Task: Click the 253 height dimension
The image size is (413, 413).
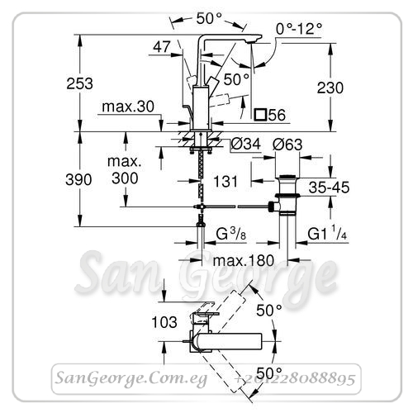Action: [79, 83]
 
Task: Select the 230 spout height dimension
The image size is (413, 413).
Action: [330, 88]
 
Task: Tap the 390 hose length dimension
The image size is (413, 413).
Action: [78, 180]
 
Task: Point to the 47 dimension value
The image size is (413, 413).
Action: [162, 47]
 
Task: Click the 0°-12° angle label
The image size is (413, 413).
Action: [299, 28]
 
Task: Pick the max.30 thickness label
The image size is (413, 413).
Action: [128, 107]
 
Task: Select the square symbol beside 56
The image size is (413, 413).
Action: [260, 115]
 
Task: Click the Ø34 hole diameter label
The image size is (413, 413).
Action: [245, 144]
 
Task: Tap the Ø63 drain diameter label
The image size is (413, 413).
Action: [287, 145]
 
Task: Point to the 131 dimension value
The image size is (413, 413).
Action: [225, 182]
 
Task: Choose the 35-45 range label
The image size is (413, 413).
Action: [329, 188]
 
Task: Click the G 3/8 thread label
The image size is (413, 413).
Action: [230, 234]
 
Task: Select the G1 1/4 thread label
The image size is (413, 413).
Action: [327, 234]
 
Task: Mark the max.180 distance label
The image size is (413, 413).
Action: [244, 260]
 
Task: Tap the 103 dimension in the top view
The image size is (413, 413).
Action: [164, 322]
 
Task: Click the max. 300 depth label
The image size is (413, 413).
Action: [125, 170]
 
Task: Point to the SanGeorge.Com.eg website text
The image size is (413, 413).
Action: [131, 378]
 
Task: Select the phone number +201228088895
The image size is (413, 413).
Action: [295, 379]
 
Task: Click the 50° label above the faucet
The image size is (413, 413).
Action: [209, 19]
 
